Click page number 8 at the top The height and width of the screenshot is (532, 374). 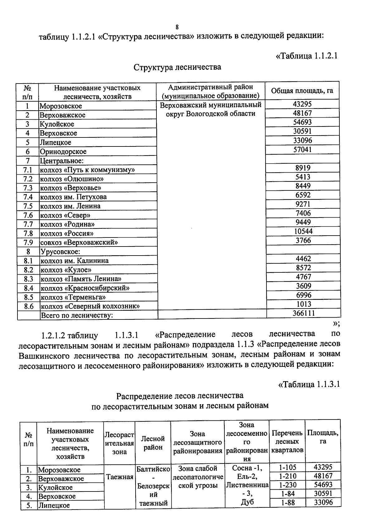click(177, 27)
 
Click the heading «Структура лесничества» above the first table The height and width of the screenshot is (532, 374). click(177, 67)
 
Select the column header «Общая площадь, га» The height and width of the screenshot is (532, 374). click(302, 91)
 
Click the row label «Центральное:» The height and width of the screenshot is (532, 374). click(61, 161)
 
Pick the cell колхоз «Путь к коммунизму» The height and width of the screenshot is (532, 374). click(87, 170)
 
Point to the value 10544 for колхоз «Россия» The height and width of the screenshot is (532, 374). click(303, 231)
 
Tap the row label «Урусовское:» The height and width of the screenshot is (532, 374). click(60, 252)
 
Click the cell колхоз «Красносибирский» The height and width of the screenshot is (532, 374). click(85, 288)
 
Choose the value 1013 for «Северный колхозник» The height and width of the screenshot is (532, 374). click(303, 304)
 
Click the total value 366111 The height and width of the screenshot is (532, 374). click(303, 313)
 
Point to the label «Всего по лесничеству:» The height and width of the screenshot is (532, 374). click(77, 315)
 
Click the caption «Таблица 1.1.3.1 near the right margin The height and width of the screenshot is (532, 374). click(308, 384)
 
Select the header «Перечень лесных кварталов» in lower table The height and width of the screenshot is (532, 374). click(287, 442)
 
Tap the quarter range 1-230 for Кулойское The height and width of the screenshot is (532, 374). click(287, 485)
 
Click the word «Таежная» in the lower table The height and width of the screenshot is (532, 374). click(120, 477)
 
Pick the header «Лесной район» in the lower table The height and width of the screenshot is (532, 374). click(153, 443)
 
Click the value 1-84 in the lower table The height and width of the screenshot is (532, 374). click(287, 494)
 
